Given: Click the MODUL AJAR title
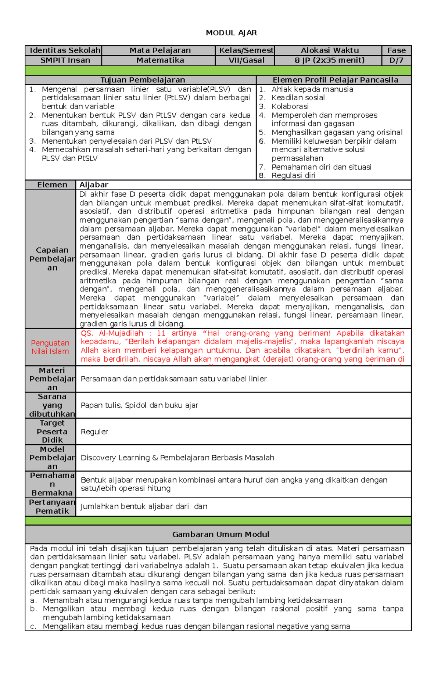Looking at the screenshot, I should pos(231,33).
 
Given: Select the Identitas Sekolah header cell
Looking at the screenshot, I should pos(65,50).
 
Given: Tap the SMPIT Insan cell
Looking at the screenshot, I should pos(65,60).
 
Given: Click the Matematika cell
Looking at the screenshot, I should pos(160,60).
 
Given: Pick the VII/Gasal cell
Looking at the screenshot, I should pos(246,60).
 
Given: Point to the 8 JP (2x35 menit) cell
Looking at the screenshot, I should pos(329,60).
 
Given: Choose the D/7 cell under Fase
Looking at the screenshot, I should pos(396,60).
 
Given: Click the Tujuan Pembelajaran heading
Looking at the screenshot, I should pos(143,80).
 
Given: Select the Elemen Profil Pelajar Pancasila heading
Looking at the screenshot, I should pos(335,80).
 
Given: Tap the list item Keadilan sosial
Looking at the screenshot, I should pos(298,98).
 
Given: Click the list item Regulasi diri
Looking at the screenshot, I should pos(293,175).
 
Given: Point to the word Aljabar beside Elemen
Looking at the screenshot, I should pos(94,184).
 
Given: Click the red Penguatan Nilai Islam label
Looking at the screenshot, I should pos(50,347).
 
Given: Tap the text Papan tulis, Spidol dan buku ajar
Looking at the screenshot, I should pos(139,405).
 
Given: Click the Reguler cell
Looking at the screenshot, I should pos(94,431).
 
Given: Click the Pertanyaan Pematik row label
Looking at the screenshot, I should pos(52,506).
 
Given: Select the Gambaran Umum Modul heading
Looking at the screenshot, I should pos(220,534).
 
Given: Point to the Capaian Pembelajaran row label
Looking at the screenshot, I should pos(52,259).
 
